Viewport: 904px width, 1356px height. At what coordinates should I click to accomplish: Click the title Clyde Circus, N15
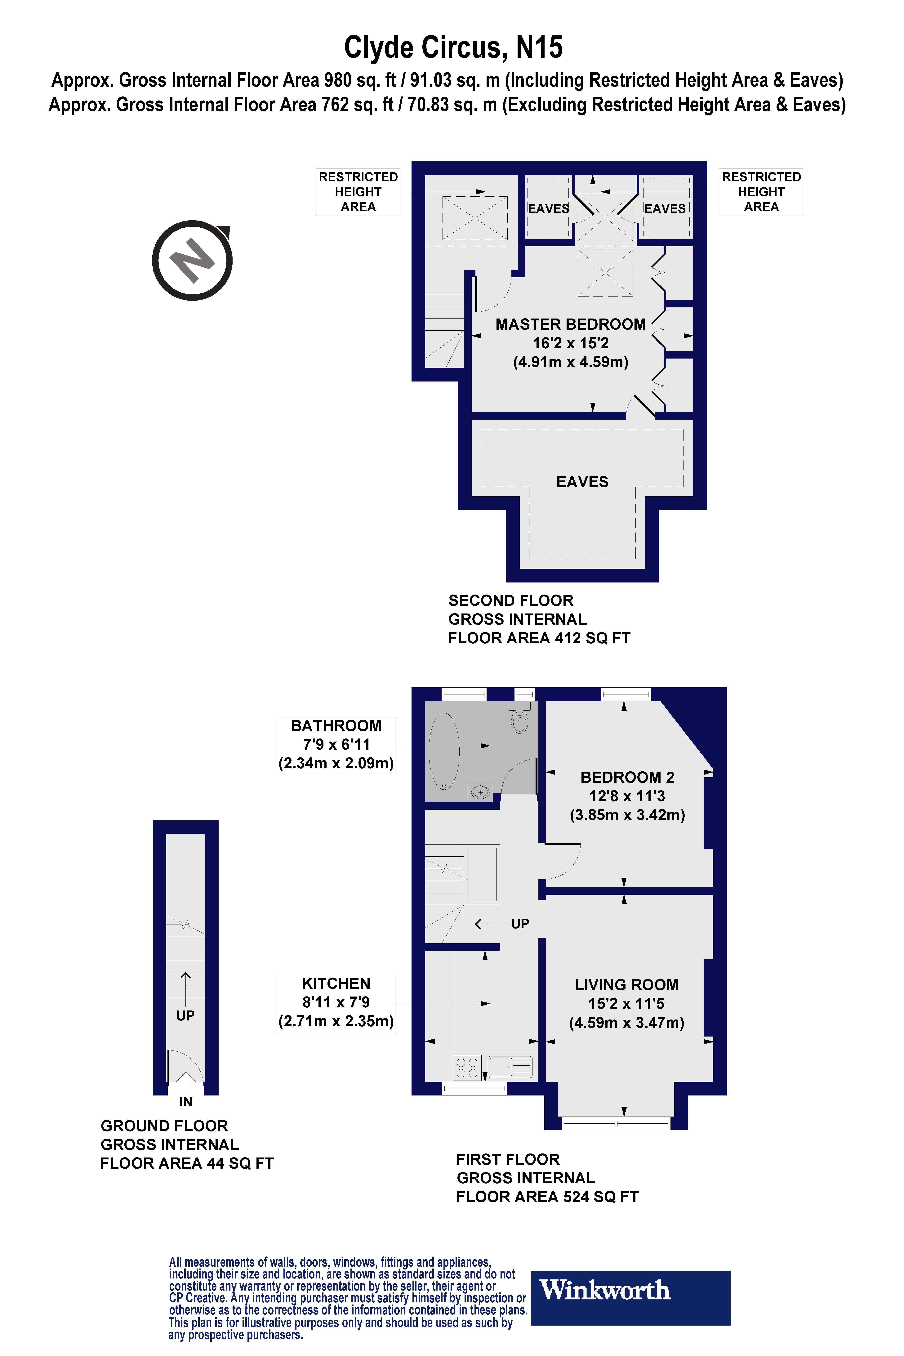point(453,47)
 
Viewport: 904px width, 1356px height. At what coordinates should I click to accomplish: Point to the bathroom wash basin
point(480,793)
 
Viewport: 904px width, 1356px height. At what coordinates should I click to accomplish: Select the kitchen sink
point(510,1067)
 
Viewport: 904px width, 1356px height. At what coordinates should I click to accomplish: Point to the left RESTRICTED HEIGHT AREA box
point(358,192)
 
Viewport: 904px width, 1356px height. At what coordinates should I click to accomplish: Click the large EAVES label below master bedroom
point(582,482)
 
